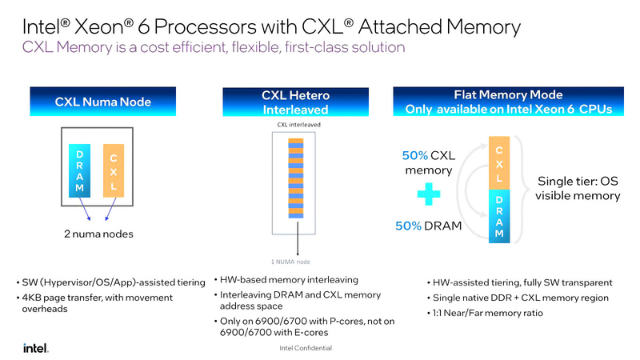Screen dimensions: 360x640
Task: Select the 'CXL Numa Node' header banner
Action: coord(103,102)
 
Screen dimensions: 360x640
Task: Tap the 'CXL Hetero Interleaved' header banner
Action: coord(297,102)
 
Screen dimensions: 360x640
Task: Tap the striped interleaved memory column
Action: coord(297,178)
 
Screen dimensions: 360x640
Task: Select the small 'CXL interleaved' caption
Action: coord(297,125)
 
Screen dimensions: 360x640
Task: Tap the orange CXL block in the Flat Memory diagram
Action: coord(499,164)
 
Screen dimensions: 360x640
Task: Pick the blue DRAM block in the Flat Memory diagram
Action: coord(499,216)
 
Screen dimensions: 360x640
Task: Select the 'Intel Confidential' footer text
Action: coord(306,349)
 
